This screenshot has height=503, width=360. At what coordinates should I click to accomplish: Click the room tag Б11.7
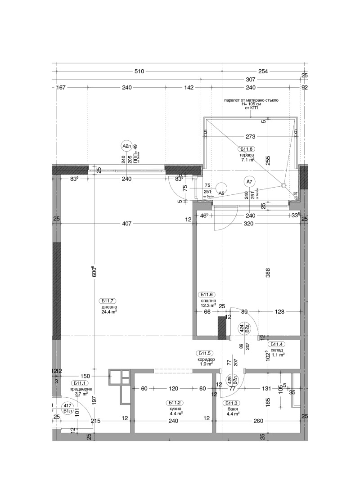coord(109,301)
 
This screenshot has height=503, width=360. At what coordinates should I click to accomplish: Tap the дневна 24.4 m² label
coord(109,309)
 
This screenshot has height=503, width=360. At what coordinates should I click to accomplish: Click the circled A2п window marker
coord(126,146)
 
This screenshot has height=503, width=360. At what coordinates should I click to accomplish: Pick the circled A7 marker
coord(249,181)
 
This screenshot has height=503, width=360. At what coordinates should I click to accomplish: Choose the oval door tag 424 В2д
coord(244,328)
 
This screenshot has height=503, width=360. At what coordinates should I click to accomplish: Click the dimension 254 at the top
coord(263,72)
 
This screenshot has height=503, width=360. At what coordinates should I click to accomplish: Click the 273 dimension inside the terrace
coord(251,137)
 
